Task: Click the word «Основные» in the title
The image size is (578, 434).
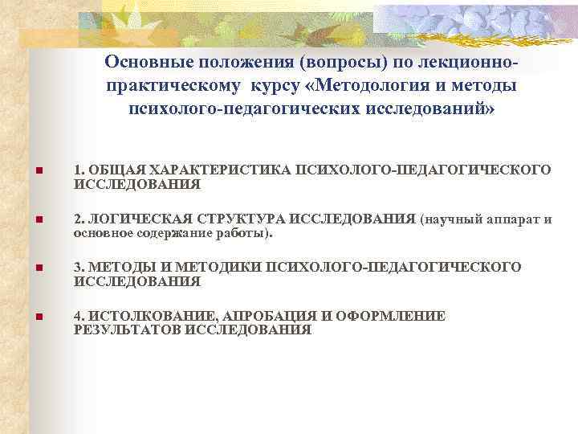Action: pyautogui.click(x=145, y=62)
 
